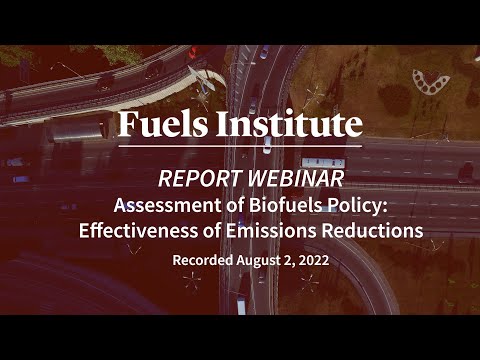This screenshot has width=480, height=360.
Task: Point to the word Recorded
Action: click(203, 260)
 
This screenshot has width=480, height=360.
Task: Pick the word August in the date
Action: click(261, 260)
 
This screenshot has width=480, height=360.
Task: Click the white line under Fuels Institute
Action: click(240, 147)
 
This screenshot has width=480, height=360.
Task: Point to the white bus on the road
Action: click(323, 163)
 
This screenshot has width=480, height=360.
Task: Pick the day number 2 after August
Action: click(290, 260)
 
